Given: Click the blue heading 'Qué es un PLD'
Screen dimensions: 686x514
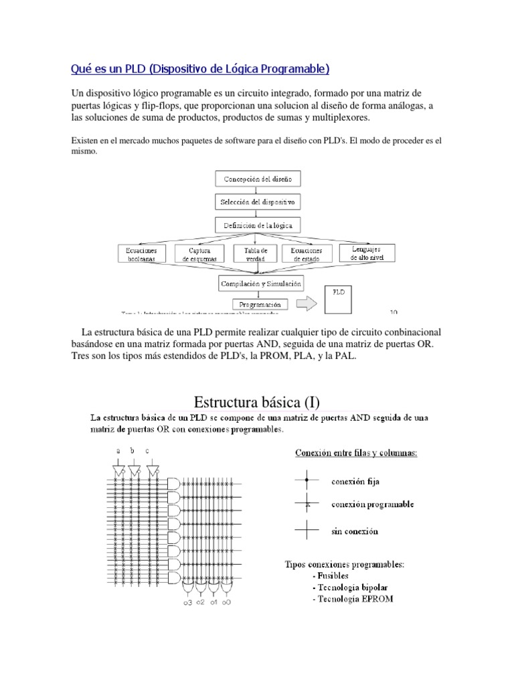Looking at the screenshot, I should tap(200, 69).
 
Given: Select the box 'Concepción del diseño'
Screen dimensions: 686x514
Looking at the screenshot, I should tap(258, 179).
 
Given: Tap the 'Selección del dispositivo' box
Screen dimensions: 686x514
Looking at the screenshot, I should tap(258, 202).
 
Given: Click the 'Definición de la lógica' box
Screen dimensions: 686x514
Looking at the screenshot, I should tap(258, 225).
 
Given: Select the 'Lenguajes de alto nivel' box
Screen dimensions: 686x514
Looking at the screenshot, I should tap(366, 252).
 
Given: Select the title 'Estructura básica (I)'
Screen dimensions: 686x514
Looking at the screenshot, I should tap(257, 402).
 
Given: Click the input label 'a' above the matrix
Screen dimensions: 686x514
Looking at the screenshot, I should tap(118, 451).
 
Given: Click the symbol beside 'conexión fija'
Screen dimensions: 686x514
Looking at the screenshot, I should tap(307, 480).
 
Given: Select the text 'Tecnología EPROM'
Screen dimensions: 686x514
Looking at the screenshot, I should tap(352, 598).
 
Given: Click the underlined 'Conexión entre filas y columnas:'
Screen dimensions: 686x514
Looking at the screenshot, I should tap(356, 454).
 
